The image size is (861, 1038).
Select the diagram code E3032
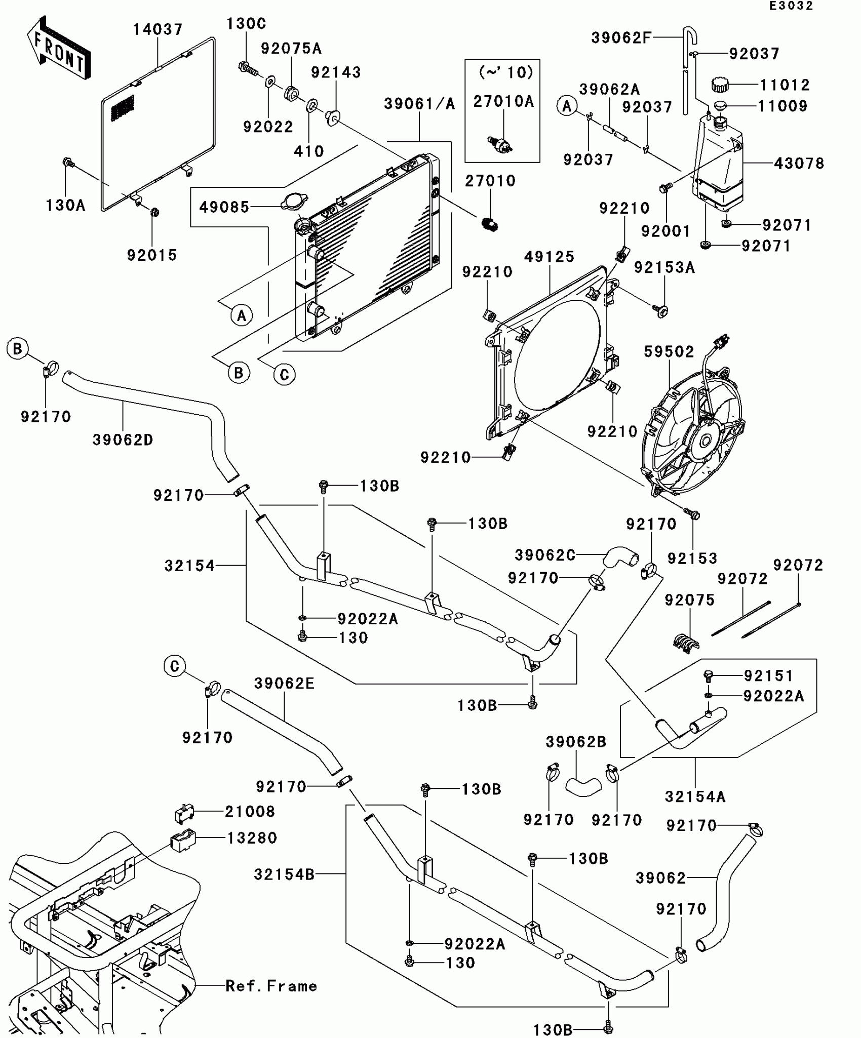click(791, 6)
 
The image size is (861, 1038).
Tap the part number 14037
click(158, 29)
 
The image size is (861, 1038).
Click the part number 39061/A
click(419, 104)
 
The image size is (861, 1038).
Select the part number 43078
click(799, 163)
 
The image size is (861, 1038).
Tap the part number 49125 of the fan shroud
click(549, 257)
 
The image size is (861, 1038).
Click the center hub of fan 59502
click(704, 442)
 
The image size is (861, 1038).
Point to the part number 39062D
click(123, 440)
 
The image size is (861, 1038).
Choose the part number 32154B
click(284, 874)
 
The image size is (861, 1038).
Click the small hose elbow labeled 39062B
click(583, 786)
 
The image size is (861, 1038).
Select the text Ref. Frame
click(271, 985)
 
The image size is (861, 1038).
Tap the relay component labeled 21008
click(184, 813)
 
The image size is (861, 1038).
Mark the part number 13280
click(252, 838)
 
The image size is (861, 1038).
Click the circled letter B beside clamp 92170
click(18, 349)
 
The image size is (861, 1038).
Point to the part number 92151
click(768, 675)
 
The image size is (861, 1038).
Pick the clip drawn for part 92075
click(687, 642)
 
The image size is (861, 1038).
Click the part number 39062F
click(621, 37)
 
